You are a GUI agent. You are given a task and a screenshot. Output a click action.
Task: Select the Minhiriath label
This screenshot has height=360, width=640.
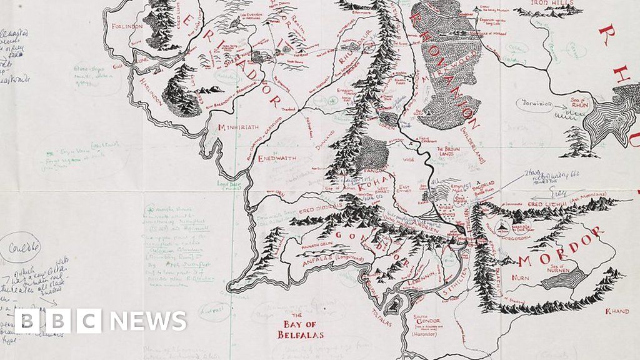tap(237, 127)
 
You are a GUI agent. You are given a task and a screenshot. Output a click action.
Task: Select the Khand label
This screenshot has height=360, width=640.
tap(617, 311)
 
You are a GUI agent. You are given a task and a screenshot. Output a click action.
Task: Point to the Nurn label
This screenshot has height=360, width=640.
tap(519, 276)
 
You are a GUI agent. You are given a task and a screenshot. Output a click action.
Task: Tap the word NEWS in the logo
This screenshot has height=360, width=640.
tap(148, 321)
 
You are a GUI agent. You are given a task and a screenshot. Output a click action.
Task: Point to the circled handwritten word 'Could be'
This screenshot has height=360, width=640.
tap(23, 246)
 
